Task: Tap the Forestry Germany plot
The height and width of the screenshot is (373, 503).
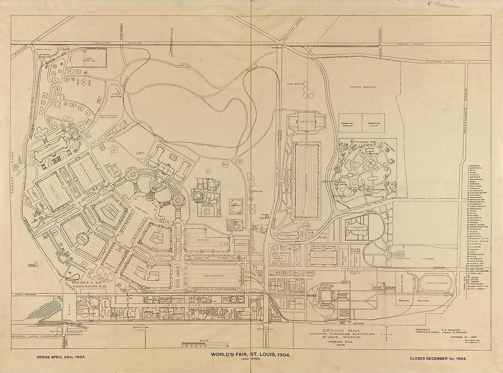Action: [348, 123]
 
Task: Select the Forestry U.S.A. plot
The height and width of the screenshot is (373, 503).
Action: [374, 123]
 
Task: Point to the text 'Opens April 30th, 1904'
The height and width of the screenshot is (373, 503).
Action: [60, 359]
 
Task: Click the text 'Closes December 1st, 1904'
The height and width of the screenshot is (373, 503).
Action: [438, 359]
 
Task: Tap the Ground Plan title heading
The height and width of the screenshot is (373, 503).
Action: [349, 330]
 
